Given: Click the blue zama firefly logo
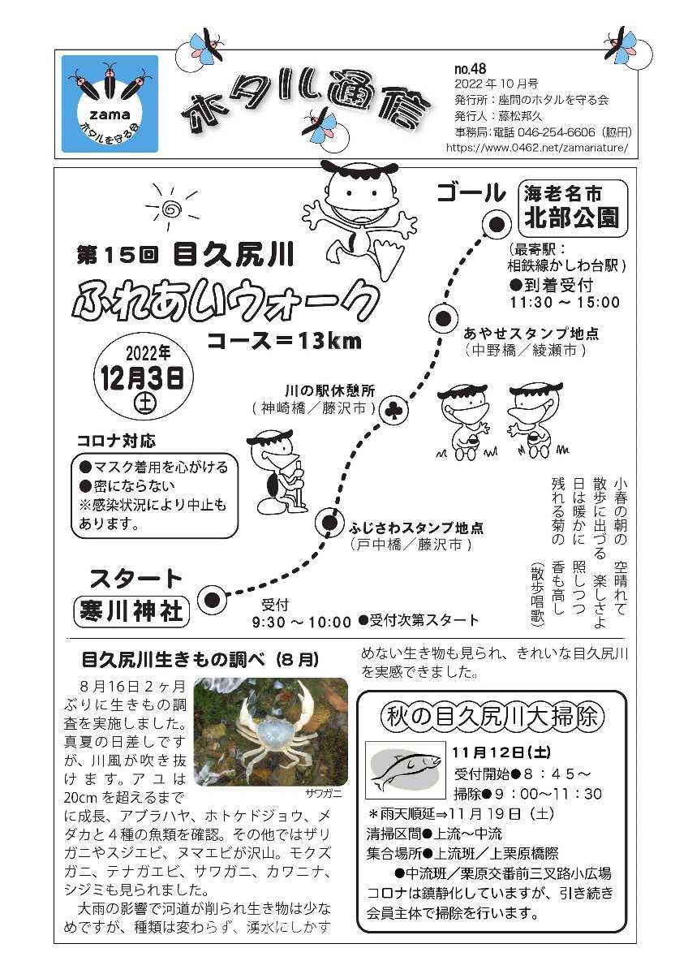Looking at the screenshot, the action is click(110, 104).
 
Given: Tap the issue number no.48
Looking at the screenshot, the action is click(471, 69).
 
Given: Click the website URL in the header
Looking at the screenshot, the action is click(537, 148).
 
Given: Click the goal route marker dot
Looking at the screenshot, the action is click(497, 224).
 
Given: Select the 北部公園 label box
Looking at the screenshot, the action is click(574, 207).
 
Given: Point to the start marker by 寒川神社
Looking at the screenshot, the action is click(212, 600).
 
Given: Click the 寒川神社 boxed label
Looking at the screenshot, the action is click(131, 612).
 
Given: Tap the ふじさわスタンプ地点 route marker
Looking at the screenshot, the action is click(329, 521).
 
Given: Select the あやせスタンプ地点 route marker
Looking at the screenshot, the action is click(443, 319).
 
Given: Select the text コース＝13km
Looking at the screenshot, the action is click(285, 342).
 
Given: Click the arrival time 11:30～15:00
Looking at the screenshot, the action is click(565, 302).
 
